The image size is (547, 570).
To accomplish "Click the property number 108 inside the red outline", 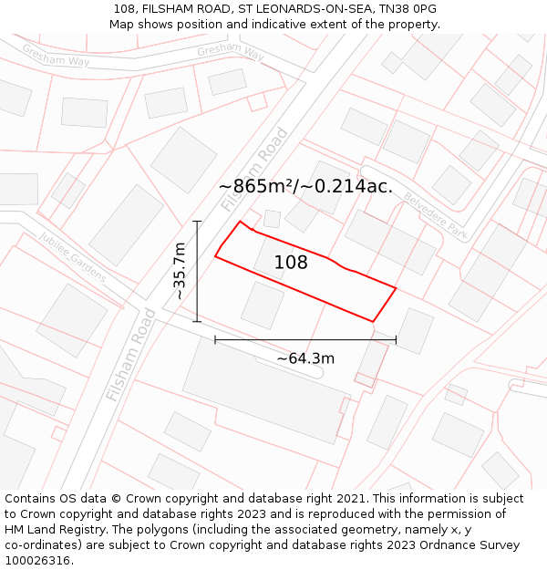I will point(291,263).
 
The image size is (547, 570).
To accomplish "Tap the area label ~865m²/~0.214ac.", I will point(305,187).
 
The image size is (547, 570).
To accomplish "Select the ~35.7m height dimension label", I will point(180,271).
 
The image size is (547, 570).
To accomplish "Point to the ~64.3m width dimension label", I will point(305,358).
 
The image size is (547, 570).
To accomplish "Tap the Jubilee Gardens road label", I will point(72,256).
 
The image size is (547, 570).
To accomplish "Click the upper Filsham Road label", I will point(254,170).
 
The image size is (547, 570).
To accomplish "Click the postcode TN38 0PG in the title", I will point(408,9).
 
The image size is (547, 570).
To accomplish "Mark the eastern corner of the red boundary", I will point(396,288).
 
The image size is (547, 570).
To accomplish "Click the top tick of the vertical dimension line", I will point(197,221).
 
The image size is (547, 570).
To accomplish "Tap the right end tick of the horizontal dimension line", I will point(396,339).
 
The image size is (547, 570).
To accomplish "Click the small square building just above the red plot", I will point(272,219).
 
